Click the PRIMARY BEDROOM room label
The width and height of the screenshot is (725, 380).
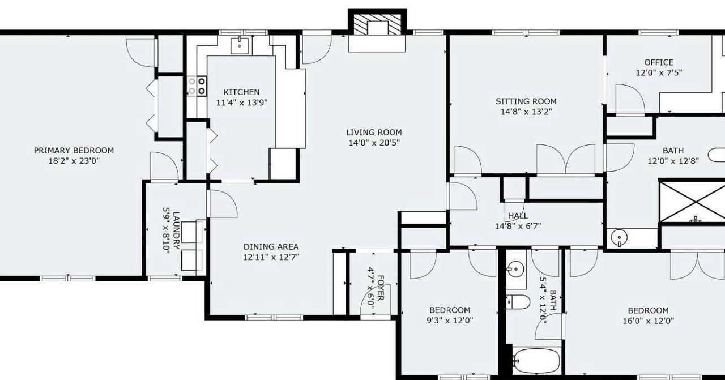(x=74, y=151)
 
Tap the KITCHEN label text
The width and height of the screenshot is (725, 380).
(x=241, y=92)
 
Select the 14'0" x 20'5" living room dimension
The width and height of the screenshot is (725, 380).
(x=374, y=143)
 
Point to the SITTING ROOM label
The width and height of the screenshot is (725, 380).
(x=526, y=101)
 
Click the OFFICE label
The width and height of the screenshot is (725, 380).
(x=659, y=62)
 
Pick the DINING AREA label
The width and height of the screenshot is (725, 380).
(x=271, y=247)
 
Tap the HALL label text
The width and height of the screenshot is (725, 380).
(x=518, y=216)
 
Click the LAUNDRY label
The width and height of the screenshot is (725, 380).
(x=176, y=230)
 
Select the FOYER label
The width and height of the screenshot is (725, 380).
(x=381, y=288)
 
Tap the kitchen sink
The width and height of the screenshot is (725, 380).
(x=240, y=46)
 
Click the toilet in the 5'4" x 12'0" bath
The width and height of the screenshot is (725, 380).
(x=518, y=302)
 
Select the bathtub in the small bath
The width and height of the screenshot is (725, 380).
(x=536, y=361)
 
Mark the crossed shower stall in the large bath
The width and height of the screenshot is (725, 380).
(x=692, y=202)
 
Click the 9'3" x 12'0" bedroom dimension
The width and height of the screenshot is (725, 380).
(x=450, y=321)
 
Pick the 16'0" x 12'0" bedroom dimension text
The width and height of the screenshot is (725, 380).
(x=649, y=321)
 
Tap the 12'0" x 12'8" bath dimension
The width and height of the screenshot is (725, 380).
(x=673, y=161)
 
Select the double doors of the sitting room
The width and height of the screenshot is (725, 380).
(x=566, y=159)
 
